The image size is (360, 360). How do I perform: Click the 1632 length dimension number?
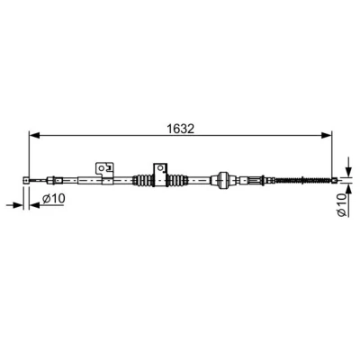pyautogui.click(x=181, y=129)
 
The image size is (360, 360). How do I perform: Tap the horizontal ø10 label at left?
pyautogui.click(x=53, y=198)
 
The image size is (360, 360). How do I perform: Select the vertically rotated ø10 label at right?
pyautogui.click(x=342, y=204)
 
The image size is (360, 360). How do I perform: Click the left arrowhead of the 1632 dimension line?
pyautogui.click(x=34, y=135)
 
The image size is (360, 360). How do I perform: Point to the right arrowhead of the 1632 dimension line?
pyautogui.click(x=327, y=135)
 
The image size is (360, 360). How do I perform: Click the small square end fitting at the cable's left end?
pyautogui.click(x=26, y=180)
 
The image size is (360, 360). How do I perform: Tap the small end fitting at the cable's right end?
pyautogui.click(x=335, y=180)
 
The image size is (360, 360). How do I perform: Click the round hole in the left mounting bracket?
pyautogui.click(x=102, y=168)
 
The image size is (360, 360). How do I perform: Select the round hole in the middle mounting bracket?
pyautogui.click(x=160, y=168)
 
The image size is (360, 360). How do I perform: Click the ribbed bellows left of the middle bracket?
pyautogui.click(x=143, y=180)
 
